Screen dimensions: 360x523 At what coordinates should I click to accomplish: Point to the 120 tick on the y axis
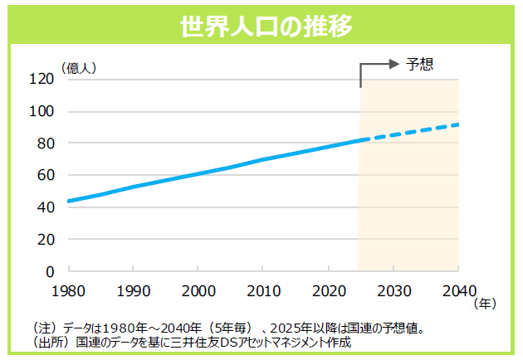[42, 80]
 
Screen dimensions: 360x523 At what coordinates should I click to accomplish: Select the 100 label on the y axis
[42, 112]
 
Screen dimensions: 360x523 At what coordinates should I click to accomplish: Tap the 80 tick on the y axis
[45, 144]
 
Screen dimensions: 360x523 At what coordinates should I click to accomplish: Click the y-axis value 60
[45, 176]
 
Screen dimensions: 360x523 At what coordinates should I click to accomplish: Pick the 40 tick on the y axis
[45, 207]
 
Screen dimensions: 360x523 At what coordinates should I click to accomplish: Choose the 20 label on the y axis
[45, 240]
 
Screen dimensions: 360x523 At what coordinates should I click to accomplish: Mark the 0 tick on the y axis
[49, 271]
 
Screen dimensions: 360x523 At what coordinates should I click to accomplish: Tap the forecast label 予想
[421, 64]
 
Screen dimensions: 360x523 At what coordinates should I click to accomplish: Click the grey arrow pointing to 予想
[378, 65]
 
